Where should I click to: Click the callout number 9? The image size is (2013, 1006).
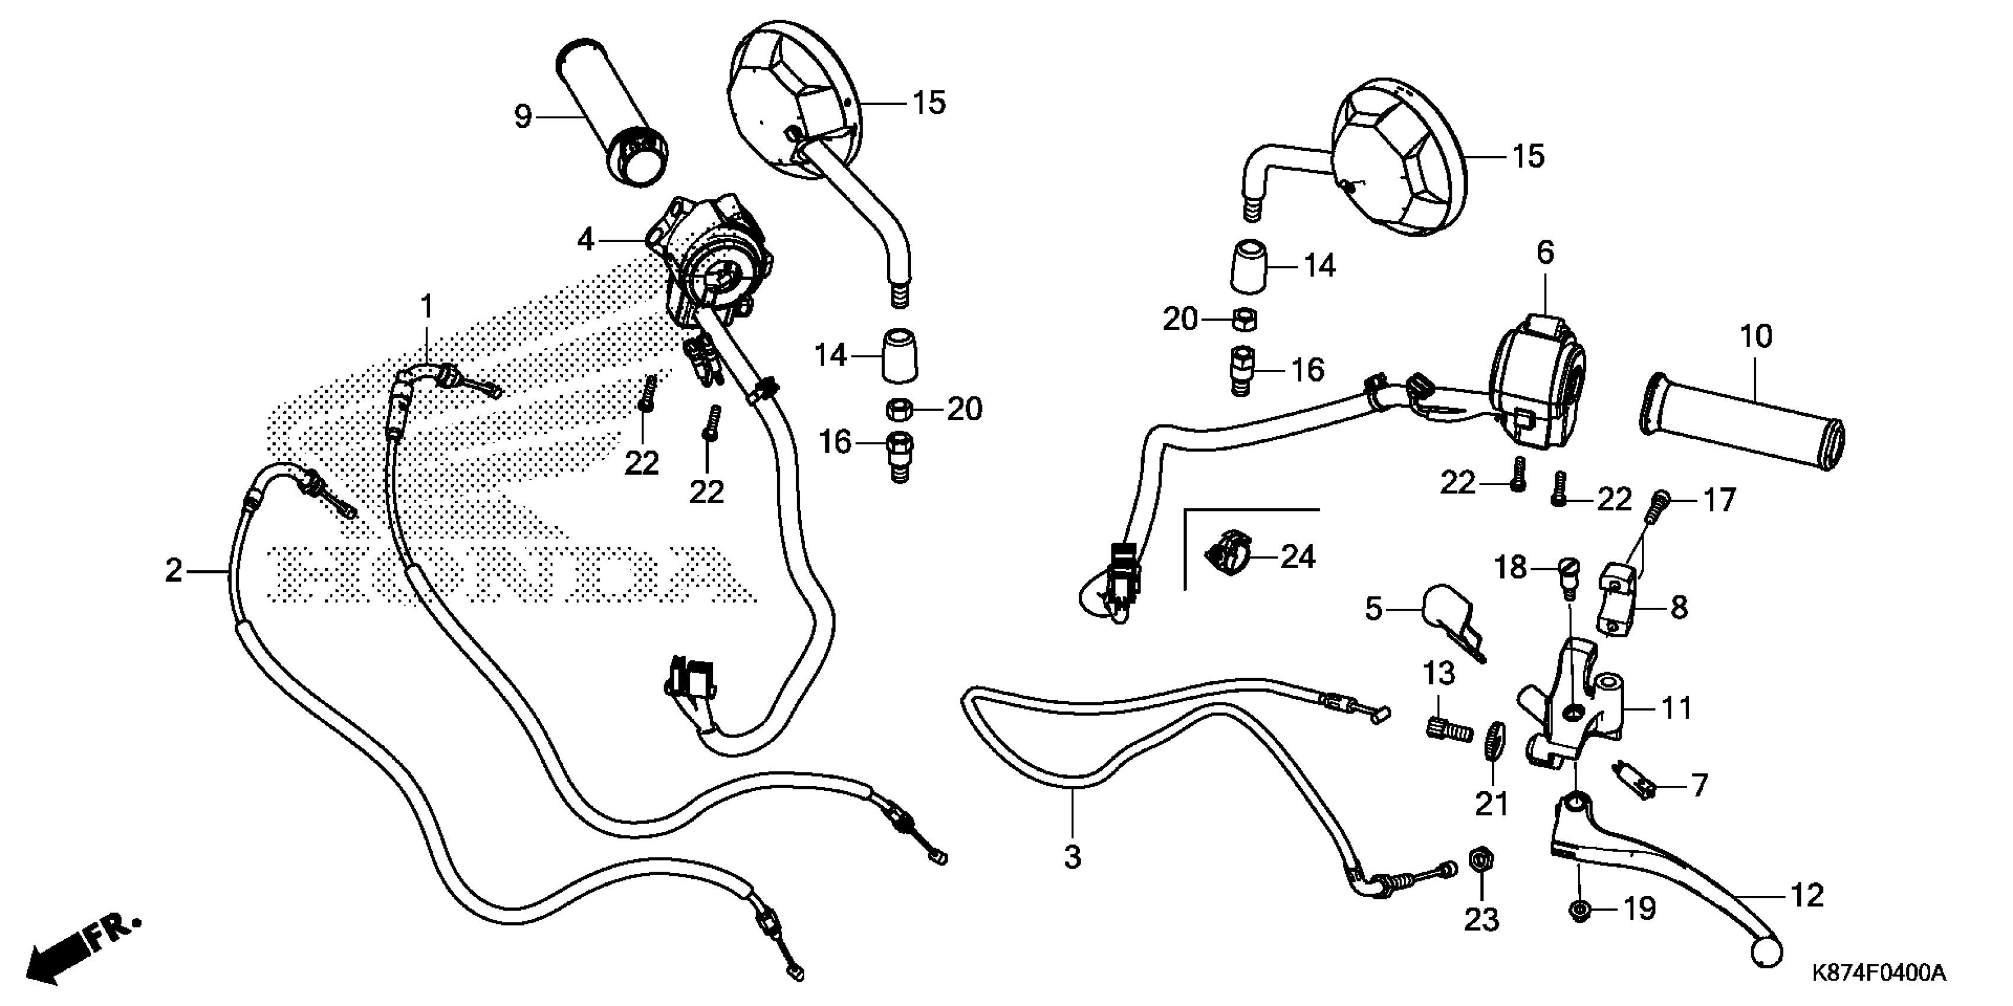(523, 117)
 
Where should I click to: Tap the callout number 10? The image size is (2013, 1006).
(1755, 337)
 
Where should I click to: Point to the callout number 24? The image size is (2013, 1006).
(1297, 557)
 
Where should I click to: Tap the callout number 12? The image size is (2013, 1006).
(1807, 895)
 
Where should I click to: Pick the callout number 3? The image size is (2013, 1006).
(1072, 857)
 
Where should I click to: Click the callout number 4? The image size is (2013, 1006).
(586, 240)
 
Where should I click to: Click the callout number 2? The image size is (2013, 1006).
(173, 571)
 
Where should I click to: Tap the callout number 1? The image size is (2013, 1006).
(427, 306)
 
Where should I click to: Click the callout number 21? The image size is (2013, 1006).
(1491, 804)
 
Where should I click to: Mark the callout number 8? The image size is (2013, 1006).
(1678, 607)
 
